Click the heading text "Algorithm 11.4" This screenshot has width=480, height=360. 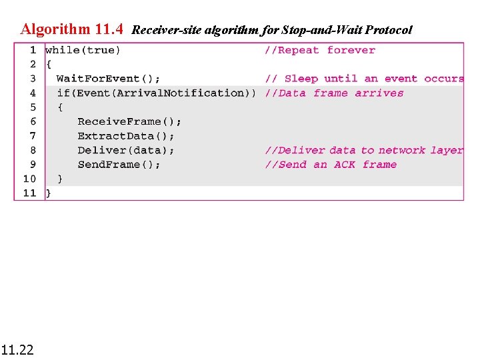tap(71, 29)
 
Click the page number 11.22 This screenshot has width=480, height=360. tap(17, 349)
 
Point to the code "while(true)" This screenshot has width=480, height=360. tap(83, 50)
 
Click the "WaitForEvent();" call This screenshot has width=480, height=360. tap(108, 79)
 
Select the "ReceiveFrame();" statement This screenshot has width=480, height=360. tap(129, 121)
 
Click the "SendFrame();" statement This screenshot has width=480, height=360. tap(119, 165)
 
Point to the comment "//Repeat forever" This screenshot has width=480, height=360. tap(320, 50)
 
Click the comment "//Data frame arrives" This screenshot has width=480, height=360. tap(334, 93)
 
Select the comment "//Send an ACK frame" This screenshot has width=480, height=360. tap(331, 165)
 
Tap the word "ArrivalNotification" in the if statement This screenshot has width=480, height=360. tap(180, 93)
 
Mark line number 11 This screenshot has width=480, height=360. tap(30, 193)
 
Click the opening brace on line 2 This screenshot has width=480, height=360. tap(48, 65)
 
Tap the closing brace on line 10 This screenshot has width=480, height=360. tap(60, 179)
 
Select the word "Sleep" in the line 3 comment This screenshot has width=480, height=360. tap(301, 79)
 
